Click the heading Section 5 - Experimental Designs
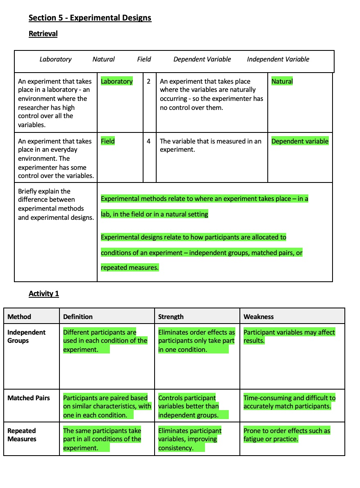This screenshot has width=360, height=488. click(x=90, y=18)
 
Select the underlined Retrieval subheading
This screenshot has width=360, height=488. click(x=43, y=34)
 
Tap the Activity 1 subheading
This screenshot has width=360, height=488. click(x=44, y=293)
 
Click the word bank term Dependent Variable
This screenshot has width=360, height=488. click(x=202, y=59)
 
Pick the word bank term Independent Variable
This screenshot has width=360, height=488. click(x=278, y=59)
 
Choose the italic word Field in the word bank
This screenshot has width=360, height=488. click(x=144, y=59)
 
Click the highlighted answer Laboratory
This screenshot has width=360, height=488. click(x=117, y=81)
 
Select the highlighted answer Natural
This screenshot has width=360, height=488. click(x=282, y=81)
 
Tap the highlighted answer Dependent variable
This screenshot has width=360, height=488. click(x=300, y=141)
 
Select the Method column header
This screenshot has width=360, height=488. click(x=19, y=317)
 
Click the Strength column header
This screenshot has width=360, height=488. click(x=171, y=317)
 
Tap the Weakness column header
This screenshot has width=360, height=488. click(x=259, y=317)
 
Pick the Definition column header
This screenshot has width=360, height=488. click(x=78, y=317)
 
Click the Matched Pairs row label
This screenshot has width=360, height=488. click(x=29, y=398)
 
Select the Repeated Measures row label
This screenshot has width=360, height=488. click(x=22, y=435)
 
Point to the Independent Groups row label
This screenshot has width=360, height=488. click(x=26, y=336)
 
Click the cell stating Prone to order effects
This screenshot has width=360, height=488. click(x=287, y=435)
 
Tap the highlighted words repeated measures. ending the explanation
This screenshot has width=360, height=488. click(x=130, y=267)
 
